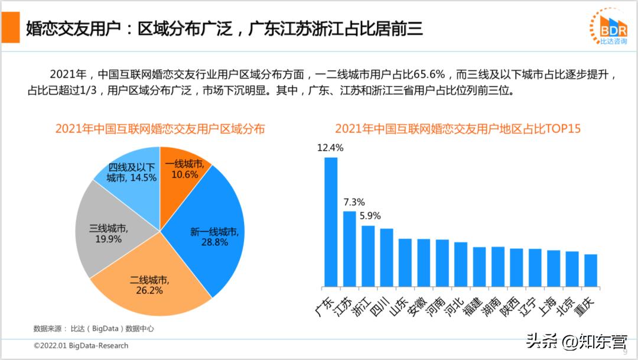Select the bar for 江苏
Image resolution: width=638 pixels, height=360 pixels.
tap(350, 248)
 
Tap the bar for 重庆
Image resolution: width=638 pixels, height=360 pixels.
tap(591, 270)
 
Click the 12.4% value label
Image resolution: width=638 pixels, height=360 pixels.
tap(330, 148)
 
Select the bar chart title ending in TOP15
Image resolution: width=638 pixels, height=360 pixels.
tap(458, 129)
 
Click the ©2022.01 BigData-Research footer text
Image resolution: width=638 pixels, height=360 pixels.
tap(80, 345)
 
